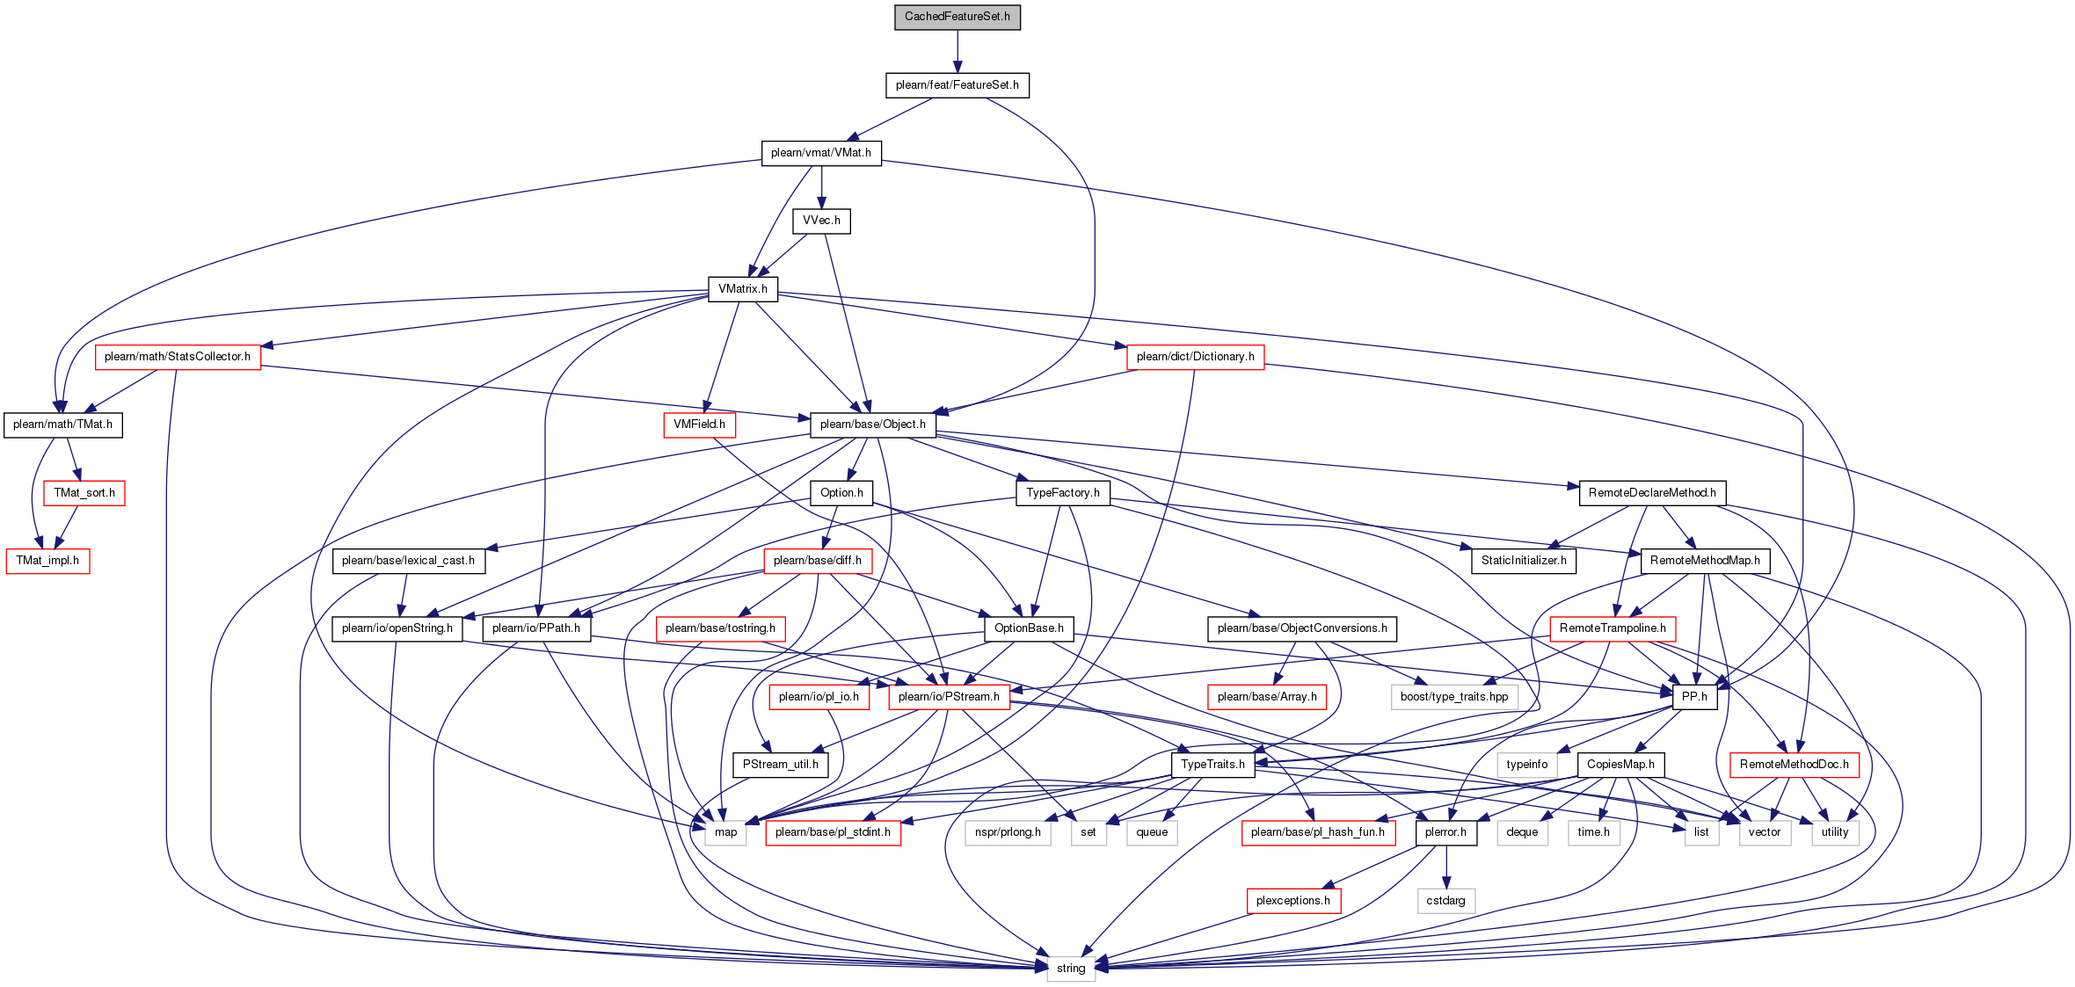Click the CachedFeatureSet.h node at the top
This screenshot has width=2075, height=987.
click(957, 17)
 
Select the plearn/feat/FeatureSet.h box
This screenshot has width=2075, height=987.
click(957, 85)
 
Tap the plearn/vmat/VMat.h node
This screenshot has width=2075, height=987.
click(820, 153)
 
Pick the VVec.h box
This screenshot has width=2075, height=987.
click(821, 221)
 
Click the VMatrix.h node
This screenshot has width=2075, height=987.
click(742, 289)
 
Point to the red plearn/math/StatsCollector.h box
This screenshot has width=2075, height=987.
click(178, 357)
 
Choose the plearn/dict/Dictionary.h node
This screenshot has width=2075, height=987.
click(1195, 357)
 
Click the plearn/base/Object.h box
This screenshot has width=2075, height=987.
click(872, 425)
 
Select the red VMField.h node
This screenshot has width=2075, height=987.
click(699, 425)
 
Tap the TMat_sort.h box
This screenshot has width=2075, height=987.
click(84, 493)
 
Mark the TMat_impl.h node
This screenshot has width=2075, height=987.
click(47, 561)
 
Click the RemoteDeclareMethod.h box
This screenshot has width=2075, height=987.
click(1652, 493)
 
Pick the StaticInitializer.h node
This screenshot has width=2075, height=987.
click(1524, 561)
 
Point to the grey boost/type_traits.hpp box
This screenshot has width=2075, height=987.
click(1453, 697)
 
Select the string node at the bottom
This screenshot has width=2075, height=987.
click(1070, 969)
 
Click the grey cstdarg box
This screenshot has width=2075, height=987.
click(1445, 901)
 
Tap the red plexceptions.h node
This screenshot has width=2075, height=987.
click(1292, 901)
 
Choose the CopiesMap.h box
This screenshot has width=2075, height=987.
click(1620, 765)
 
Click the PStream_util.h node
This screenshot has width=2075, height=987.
click(780, 765)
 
